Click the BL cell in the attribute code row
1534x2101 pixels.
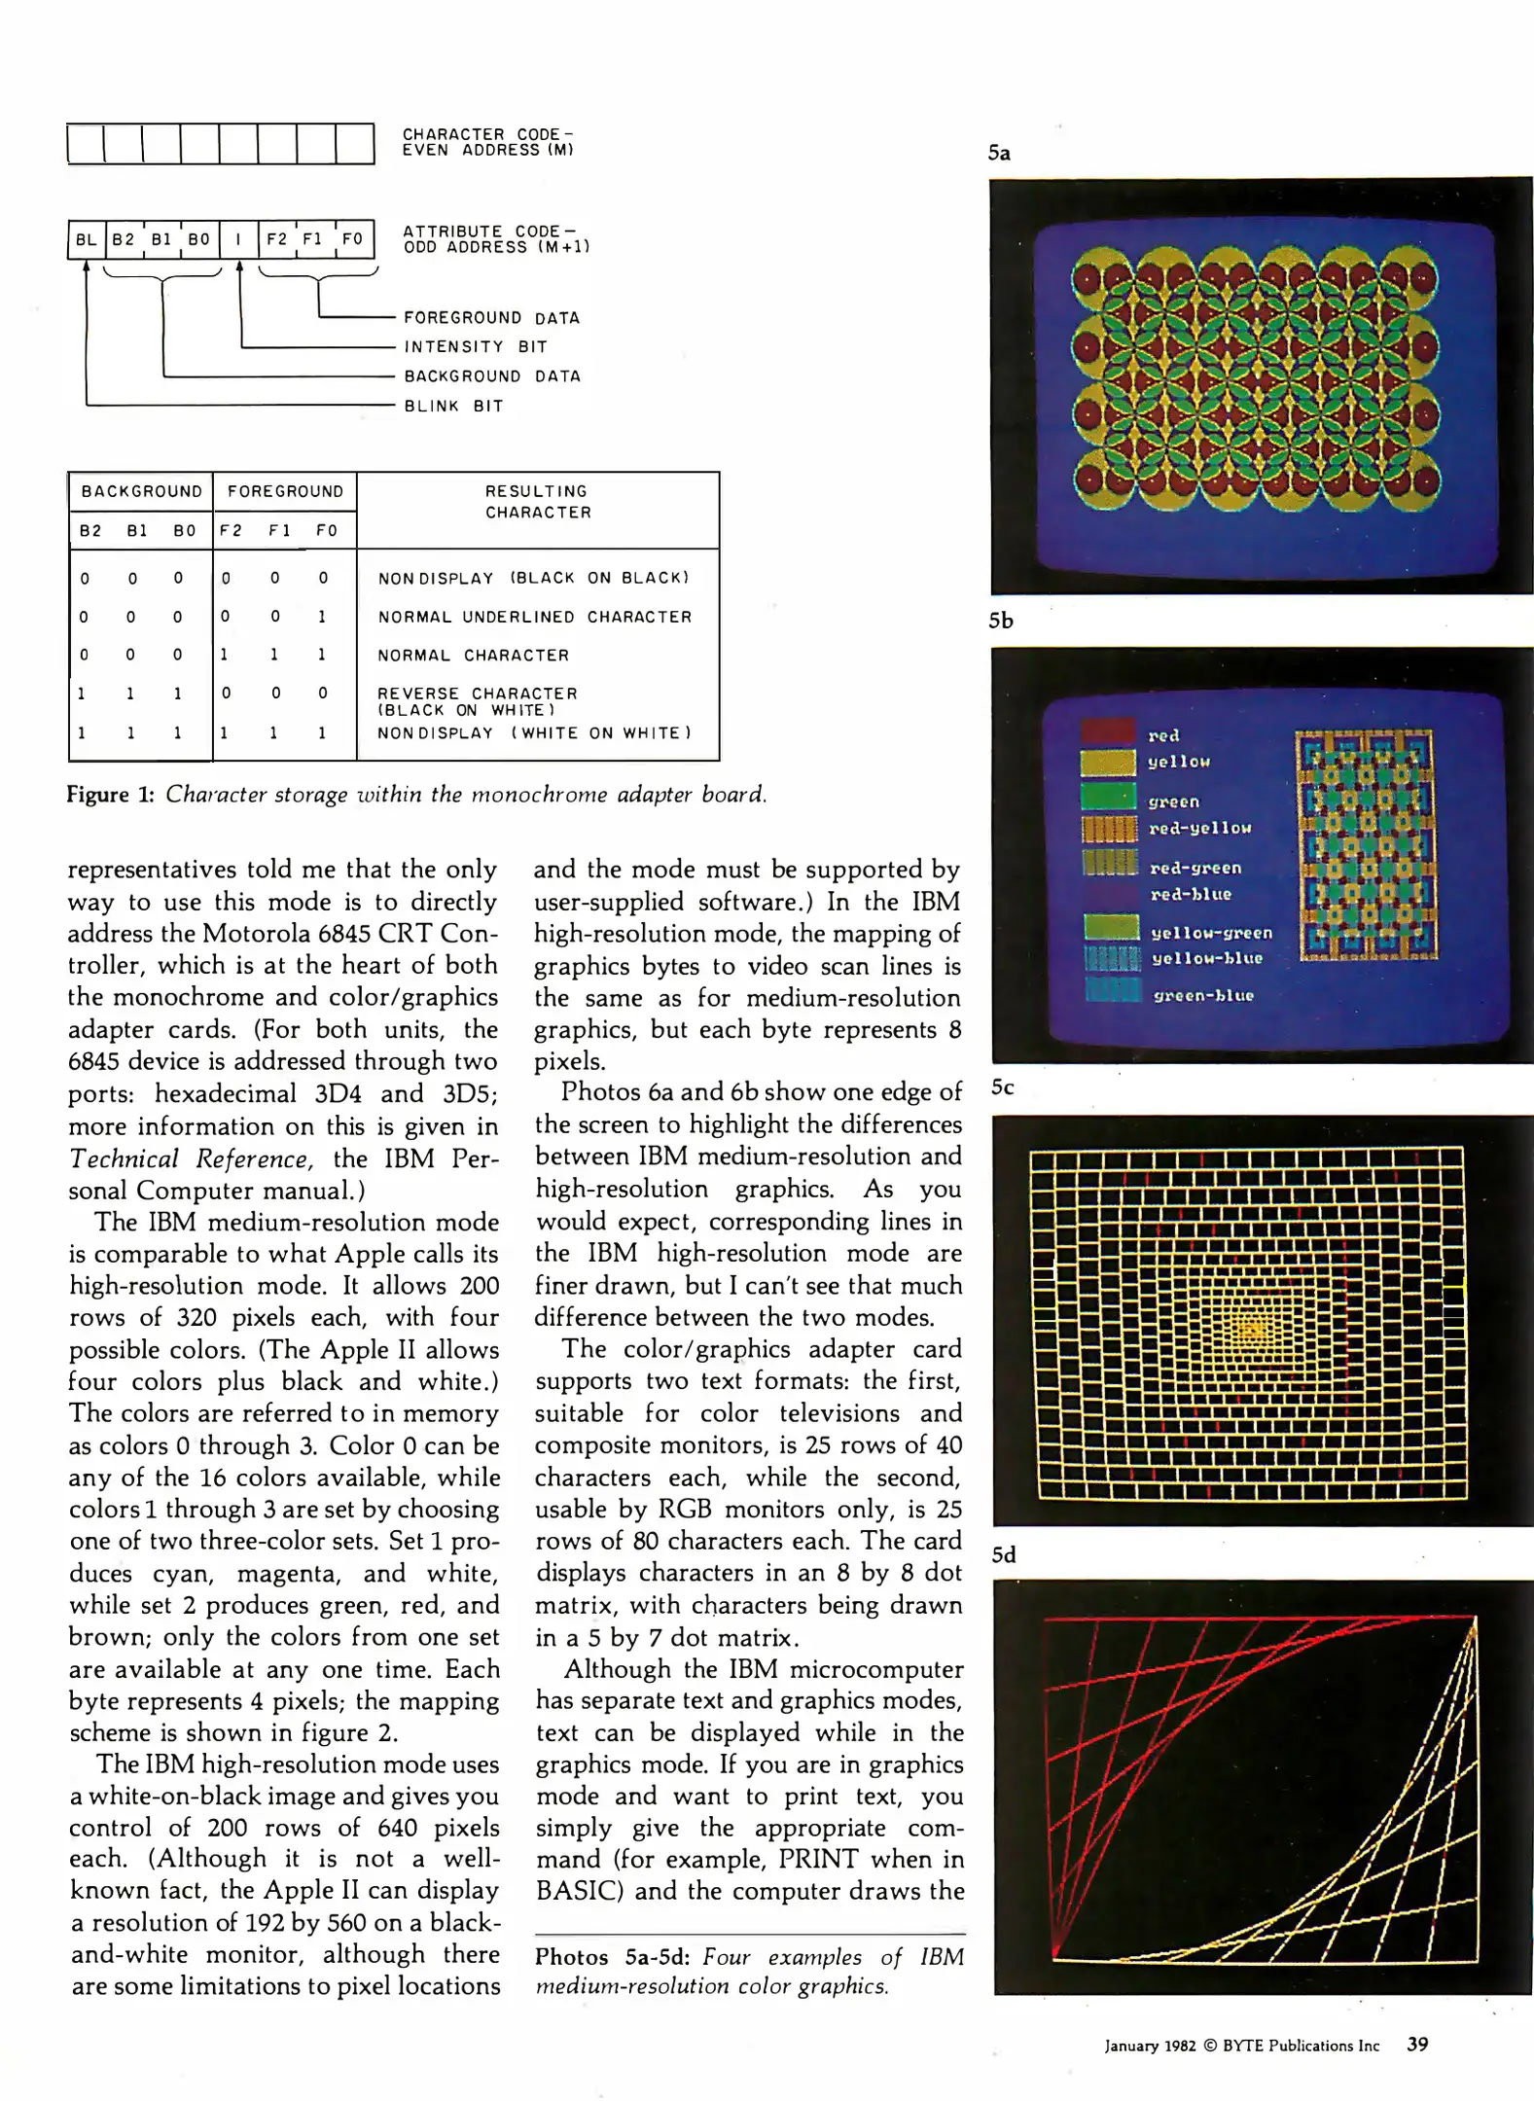click(86, 239)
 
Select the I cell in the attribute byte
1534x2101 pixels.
click(238, 239)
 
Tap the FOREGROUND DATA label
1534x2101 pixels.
click(491, 318)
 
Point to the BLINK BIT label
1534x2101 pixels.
click(453, 407)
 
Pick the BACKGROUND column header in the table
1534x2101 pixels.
click(141, 491)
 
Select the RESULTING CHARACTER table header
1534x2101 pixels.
click(538, 502)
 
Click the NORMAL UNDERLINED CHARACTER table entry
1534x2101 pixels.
click(535, 617)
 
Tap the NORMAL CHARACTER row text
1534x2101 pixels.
click(473, 656)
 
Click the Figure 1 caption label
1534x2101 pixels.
click(110, 795)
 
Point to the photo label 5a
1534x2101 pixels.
click(999, 153)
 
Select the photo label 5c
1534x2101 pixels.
click(1002, 1087)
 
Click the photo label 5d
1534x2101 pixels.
click(1003, 1554)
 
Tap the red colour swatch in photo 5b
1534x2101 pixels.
click(1108, 731)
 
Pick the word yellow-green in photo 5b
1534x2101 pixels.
click(1211, 933)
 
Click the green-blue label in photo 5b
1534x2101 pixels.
click(1203, 995)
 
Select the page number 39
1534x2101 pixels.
click(1417, 2045)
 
